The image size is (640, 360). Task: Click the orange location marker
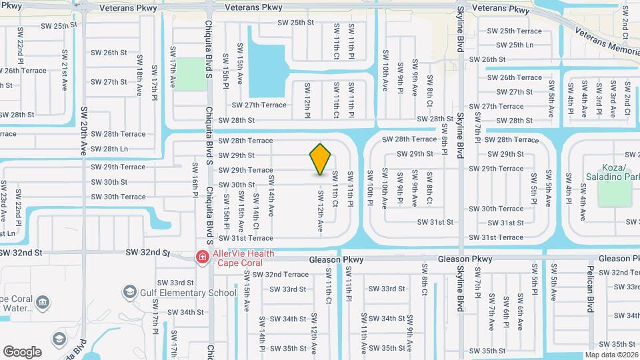coord(321,159)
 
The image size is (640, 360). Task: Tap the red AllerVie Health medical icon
coord(201,257)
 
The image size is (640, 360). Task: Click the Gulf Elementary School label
coord(189,293)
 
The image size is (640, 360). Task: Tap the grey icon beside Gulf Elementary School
coord(129,292)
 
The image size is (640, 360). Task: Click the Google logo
coord(22,352)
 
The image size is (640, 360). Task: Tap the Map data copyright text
coord(612,355)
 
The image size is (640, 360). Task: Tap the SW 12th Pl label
coord(307,101)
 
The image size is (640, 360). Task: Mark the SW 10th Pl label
coord(370,185)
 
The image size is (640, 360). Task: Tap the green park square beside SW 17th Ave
coord(192,73)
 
